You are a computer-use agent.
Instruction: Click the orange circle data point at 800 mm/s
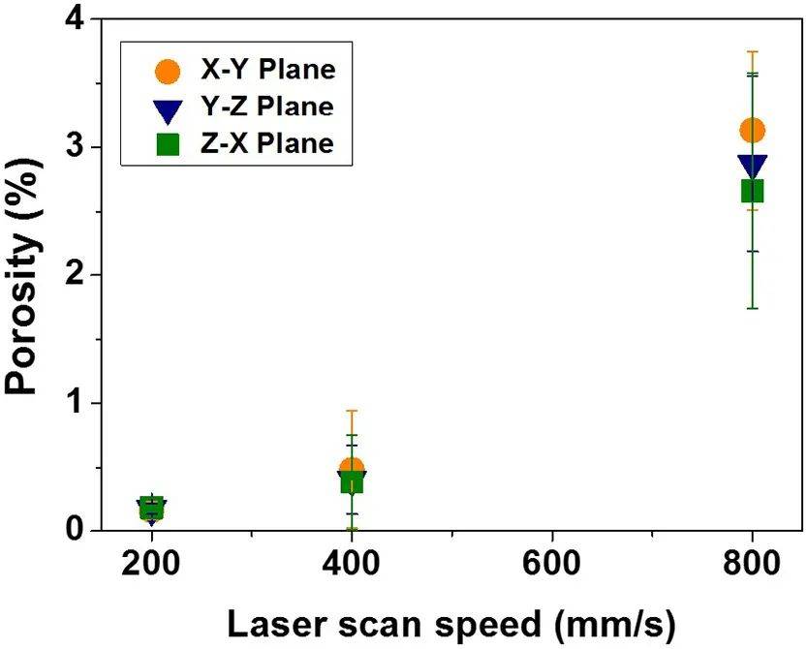tap(752, 131)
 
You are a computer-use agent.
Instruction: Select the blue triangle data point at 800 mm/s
tap(752, 166)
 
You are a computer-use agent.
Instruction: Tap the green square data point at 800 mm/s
tap(752, 191)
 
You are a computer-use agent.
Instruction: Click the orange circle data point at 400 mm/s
tap(352, 469)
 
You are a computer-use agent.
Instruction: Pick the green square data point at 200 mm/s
tap(151, 507)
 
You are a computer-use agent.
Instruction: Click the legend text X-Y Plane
tap(263, 70)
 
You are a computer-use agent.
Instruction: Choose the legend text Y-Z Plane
tap(263, 107)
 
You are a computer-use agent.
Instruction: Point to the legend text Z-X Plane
tap(263, 143)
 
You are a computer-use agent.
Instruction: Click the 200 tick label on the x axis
tap(151, 566)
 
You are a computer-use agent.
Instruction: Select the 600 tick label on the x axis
tap(552, 566)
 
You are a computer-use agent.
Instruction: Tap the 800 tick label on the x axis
tap(752, 566)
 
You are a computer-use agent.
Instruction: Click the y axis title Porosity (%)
tap(26, 275)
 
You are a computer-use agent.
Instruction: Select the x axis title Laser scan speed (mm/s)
tap(450, 624)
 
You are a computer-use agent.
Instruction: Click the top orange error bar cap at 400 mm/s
tap(352, 411)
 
